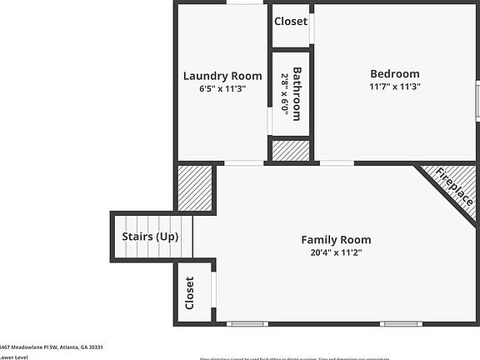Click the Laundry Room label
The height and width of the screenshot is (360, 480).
[x=217, y=77]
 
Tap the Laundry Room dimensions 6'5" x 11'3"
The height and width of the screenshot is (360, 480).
[x=217, y=88]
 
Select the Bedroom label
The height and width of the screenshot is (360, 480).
[x=395, y=74]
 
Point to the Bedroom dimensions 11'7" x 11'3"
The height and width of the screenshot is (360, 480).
[x=395, y=86]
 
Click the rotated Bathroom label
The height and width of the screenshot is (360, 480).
[x=296, y=92]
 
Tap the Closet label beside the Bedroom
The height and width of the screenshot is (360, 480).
[x=291, y=22]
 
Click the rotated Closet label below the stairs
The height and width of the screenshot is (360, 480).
[x=189, y=292]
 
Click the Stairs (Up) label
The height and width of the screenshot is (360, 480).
[x=150, y=237]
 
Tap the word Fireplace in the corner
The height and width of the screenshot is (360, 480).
[x=455, y=188]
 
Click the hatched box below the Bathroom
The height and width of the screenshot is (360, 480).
[x=291, y=151]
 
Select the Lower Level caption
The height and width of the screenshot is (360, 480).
[x=13, y=357]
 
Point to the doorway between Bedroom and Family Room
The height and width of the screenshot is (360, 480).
[x=336, y=162]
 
